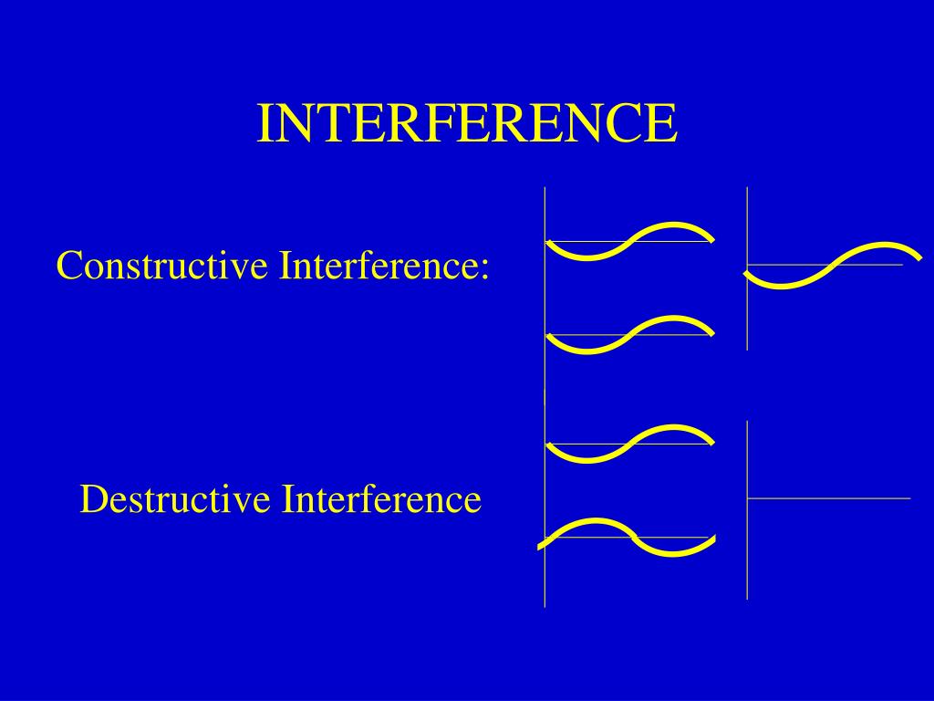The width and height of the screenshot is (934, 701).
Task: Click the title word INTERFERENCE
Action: [466, 123]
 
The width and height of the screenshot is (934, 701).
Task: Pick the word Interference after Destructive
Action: [380, 500]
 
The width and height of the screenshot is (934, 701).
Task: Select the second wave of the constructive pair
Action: [629, 334]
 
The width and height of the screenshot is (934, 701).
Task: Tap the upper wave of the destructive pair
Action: [629, 444]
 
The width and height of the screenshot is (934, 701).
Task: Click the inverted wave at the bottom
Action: [628, 537]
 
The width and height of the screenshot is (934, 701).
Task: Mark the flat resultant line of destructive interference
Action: [830, 498]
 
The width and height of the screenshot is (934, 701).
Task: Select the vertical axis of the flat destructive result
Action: [747, 548]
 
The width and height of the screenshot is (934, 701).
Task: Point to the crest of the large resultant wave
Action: [885, 246]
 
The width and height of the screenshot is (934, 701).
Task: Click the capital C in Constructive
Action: [67, 267]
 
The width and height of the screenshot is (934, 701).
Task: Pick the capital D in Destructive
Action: [90, 500]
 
